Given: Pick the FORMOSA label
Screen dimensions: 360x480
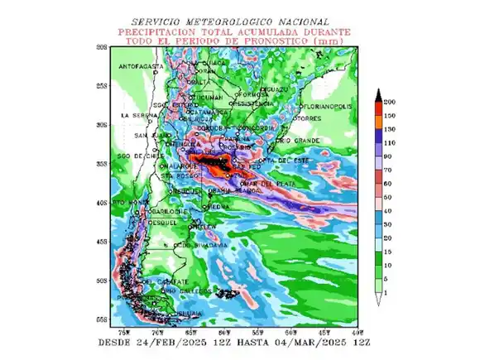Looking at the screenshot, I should [253, 95].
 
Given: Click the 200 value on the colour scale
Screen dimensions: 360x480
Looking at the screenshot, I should [388, 100].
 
